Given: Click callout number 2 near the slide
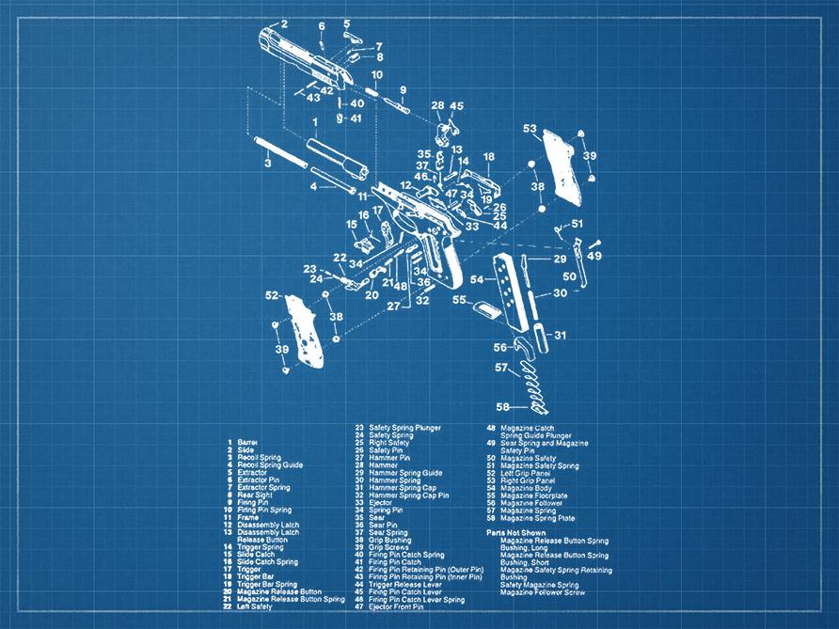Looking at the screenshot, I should click(283, 23).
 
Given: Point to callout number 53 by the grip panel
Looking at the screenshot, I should click(530, 129).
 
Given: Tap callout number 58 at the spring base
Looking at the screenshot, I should click(503, 406).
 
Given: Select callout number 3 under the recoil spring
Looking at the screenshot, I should click(267, 163).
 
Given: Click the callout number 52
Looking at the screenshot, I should click(272, 295).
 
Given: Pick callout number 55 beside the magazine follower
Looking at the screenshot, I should click(460, 300).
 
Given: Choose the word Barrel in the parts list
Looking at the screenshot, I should click(247, 442).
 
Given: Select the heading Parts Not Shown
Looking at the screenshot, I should click(515, 532).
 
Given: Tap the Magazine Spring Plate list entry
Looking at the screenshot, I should click(545, 518).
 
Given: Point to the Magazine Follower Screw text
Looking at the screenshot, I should click(543, 592).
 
